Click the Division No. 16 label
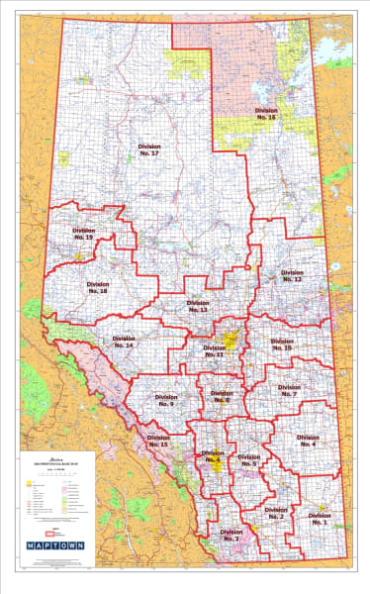pyautogui.click(x=265, y=114)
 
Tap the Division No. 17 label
pyautogui.click(x=149, y=149)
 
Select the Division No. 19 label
pyautogui.click(x=83, y=235)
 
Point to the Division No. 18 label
pyautogui.click(x=97, y=287)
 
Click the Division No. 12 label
pyautogui.click(x=291, y=276)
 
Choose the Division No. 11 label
pyautogui.click(x=215, y=351)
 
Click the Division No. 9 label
pyautogui.click(x=165, y=401)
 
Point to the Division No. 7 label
pyautogui.click(x=289, y=391)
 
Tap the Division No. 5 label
pyautogui.click(x=248, y=460)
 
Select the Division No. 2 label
pyautogui.click(x=275, y=514)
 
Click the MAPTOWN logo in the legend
pyautogui.click(x=54, y=544)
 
